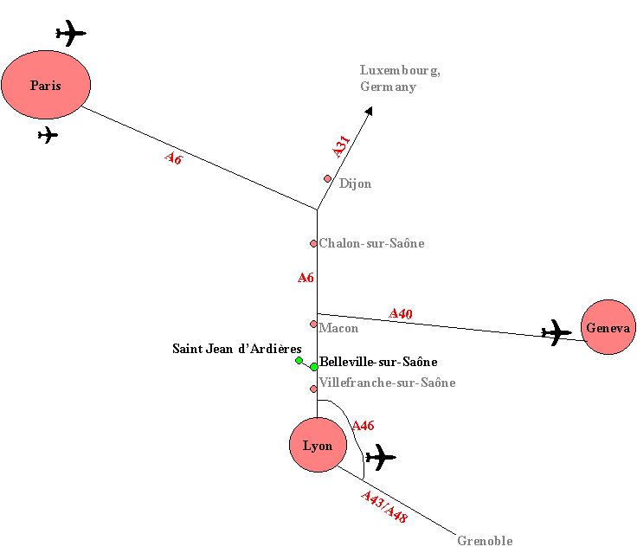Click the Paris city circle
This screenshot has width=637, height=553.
click(x=46, y=85)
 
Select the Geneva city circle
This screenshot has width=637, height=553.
click(x=608, y=328)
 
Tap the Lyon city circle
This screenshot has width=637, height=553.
click(x=318, y=445)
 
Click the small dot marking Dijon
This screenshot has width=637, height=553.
click(x=328, y=179)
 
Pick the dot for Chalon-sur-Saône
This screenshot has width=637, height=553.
click(x=313, y=243)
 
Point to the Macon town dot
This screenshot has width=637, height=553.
click(x=313, y=325)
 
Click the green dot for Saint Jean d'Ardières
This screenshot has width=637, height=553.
click(x=299, y=361)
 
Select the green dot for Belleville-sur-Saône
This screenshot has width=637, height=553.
click(x=314, y=367)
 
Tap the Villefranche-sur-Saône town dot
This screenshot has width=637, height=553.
click(x=313, y=389)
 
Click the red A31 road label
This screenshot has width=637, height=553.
click(x=342, y=146)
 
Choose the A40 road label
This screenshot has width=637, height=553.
click(x=401, y=314)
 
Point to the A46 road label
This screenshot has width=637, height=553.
click(x=363, y=425)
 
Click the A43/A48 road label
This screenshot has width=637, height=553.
click(x=384, y=506)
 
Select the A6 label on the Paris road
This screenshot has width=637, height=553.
click(x=173, y=158)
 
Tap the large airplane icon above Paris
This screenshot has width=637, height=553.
click(x=71, y=34)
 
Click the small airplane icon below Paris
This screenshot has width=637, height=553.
click(x=48, y=135)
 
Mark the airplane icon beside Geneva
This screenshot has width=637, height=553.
click(x=557, y=331)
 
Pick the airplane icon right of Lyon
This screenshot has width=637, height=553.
click(x=380, y=456)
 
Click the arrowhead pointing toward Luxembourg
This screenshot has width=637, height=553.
click(x=370, y=110)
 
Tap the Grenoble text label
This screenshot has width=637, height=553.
click(x=485, y=541)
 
